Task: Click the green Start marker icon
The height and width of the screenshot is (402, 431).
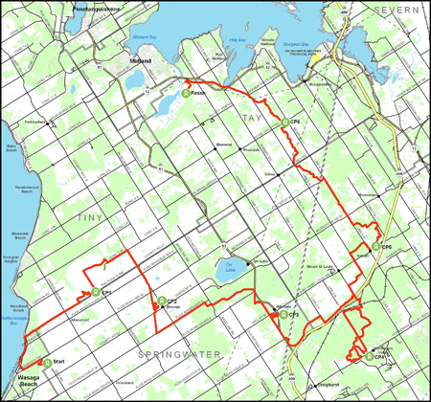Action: click(x=46, y=362)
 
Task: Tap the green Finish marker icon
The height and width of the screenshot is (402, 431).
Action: click(x=183, y=93)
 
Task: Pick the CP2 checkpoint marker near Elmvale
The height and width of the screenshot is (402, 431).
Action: click(x=161, y=301)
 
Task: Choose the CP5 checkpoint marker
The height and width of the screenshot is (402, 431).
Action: click(x=375, y=247)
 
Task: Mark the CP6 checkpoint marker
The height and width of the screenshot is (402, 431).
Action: click(x=284, y=122)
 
